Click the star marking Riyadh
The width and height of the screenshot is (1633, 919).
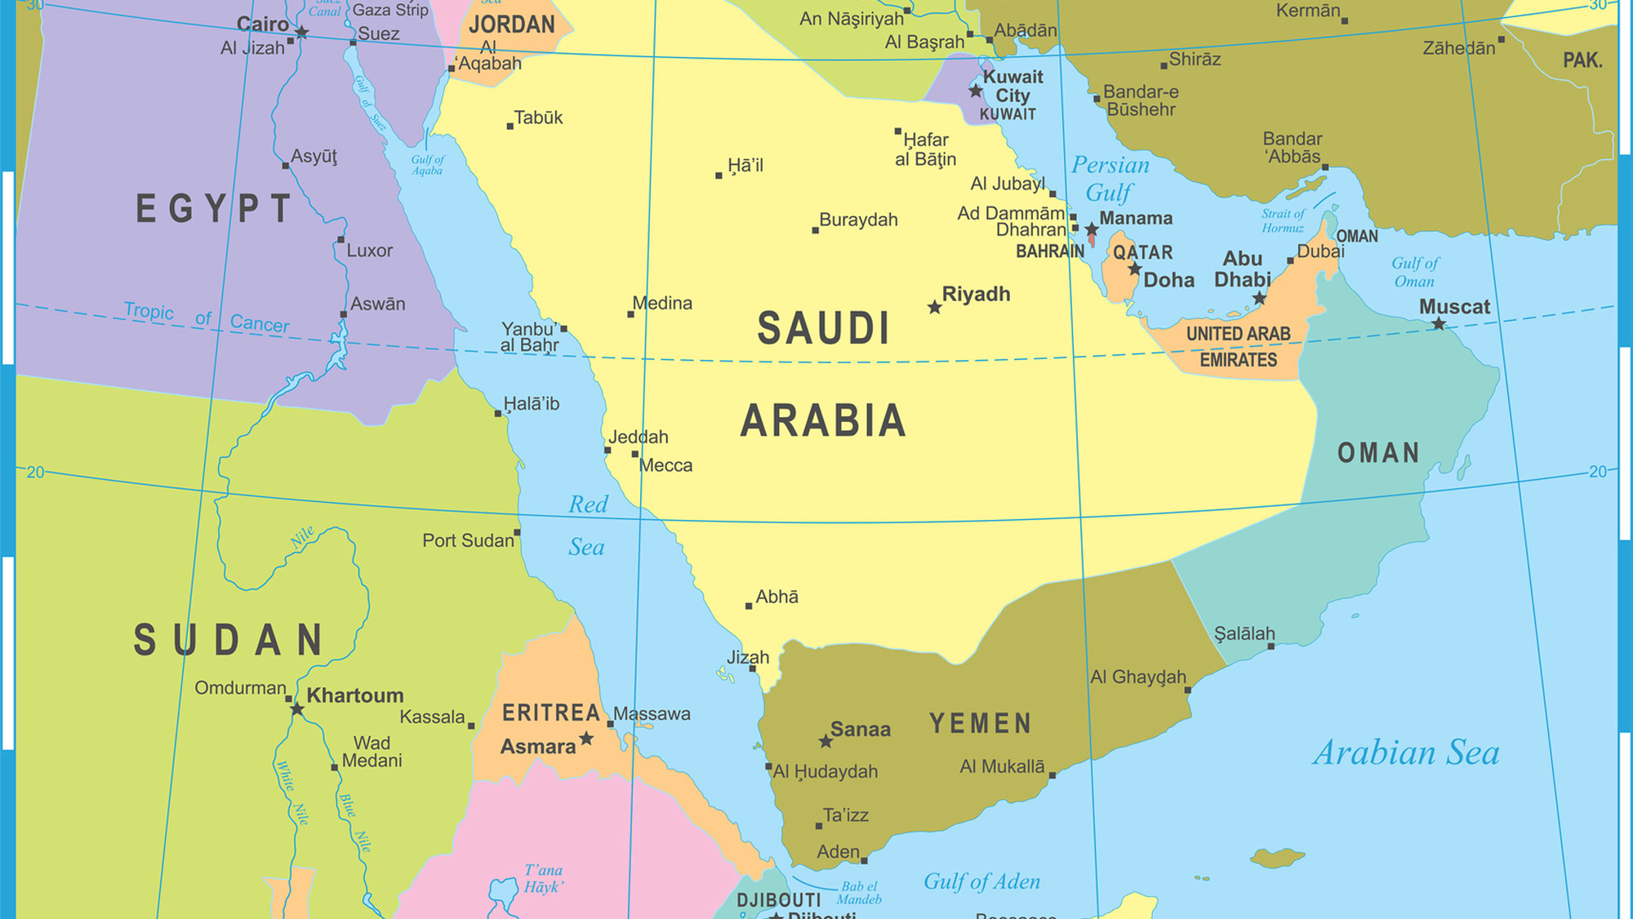pyautogui.click(x=935, y=308)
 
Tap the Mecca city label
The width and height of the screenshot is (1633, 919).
pyautogui.click(x=665, y=465)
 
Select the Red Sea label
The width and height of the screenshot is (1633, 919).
pyautogui.click(x=587, y=526)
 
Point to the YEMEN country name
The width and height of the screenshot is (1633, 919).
pyautogui.click(x=981, y=723)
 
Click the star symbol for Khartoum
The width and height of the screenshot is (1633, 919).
pyautogui.click(x=297, y=709)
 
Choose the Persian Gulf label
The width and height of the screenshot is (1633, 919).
pyautogui.click(x=1110, y=179)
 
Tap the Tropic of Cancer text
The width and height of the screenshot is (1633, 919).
pyautogui.click(x=206, y=317)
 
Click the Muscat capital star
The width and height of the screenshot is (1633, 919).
pyautogui.click(x=1439, y=324)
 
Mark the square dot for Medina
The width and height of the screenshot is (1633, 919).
pyautogui.click(x=630, y=314)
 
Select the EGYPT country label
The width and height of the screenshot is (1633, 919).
pyautogui.click(x=214, y=209)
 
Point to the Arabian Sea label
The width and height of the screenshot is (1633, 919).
pyautogui.click(x=1406, y=753)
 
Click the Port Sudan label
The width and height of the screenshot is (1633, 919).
pyautogui.click(x=468, y=540)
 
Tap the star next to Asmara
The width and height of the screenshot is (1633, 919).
pyautogui.click(x=586, y=739)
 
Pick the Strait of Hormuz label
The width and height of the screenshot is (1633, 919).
pyautogui.click(x=1283, y=220)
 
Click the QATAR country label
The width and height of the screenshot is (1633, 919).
pyautogui.click(x=1142, y=252)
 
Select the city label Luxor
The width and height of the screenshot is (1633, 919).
pyautogui.click(x=369, y=251)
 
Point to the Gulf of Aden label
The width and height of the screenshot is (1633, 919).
pyautogui.click(x=981, y=881)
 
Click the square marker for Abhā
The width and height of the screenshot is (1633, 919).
pyautogui.click(x=749, y=606)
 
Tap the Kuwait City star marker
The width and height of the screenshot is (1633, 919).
pyautogui.click(x=976, y=91)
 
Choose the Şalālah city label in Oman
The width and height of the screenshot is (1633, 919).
pyautogui.click(x=1244, y=633)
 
